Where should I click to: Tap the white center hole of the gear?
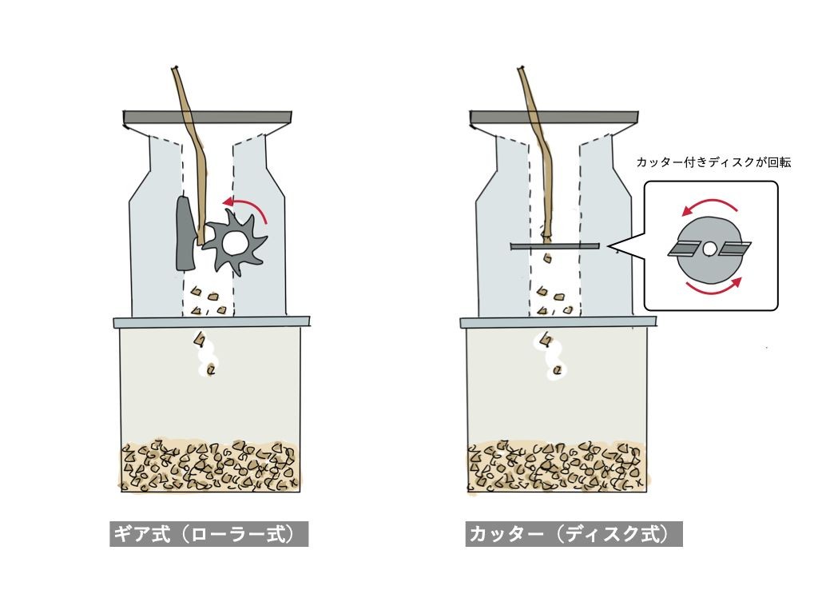[232, 241]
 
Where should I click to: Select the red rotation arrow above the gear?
[245, 207]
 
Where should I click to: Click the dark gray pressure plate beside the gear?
[185, 233]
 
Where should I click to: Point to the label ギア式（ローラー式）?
[208, 534]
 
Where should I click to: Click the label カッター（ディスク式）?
[574, 534]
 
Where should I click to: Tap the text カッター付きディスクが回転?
[713, 162]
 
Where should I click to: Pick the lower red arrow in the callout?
[713, 290]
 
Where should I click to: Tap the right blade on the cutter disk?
[734, 250]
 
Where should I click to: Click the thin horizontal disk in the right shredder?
[555, 245]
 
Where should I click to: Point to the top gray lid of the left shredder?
[208, 118]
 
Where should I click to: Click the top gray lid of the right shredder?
[554, 118]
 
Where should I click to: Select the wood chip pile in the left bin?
[210, 465]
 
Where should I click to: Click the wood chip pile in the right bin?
[556, 465]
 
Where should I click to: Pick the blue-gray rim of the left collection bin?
[212, 322]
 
